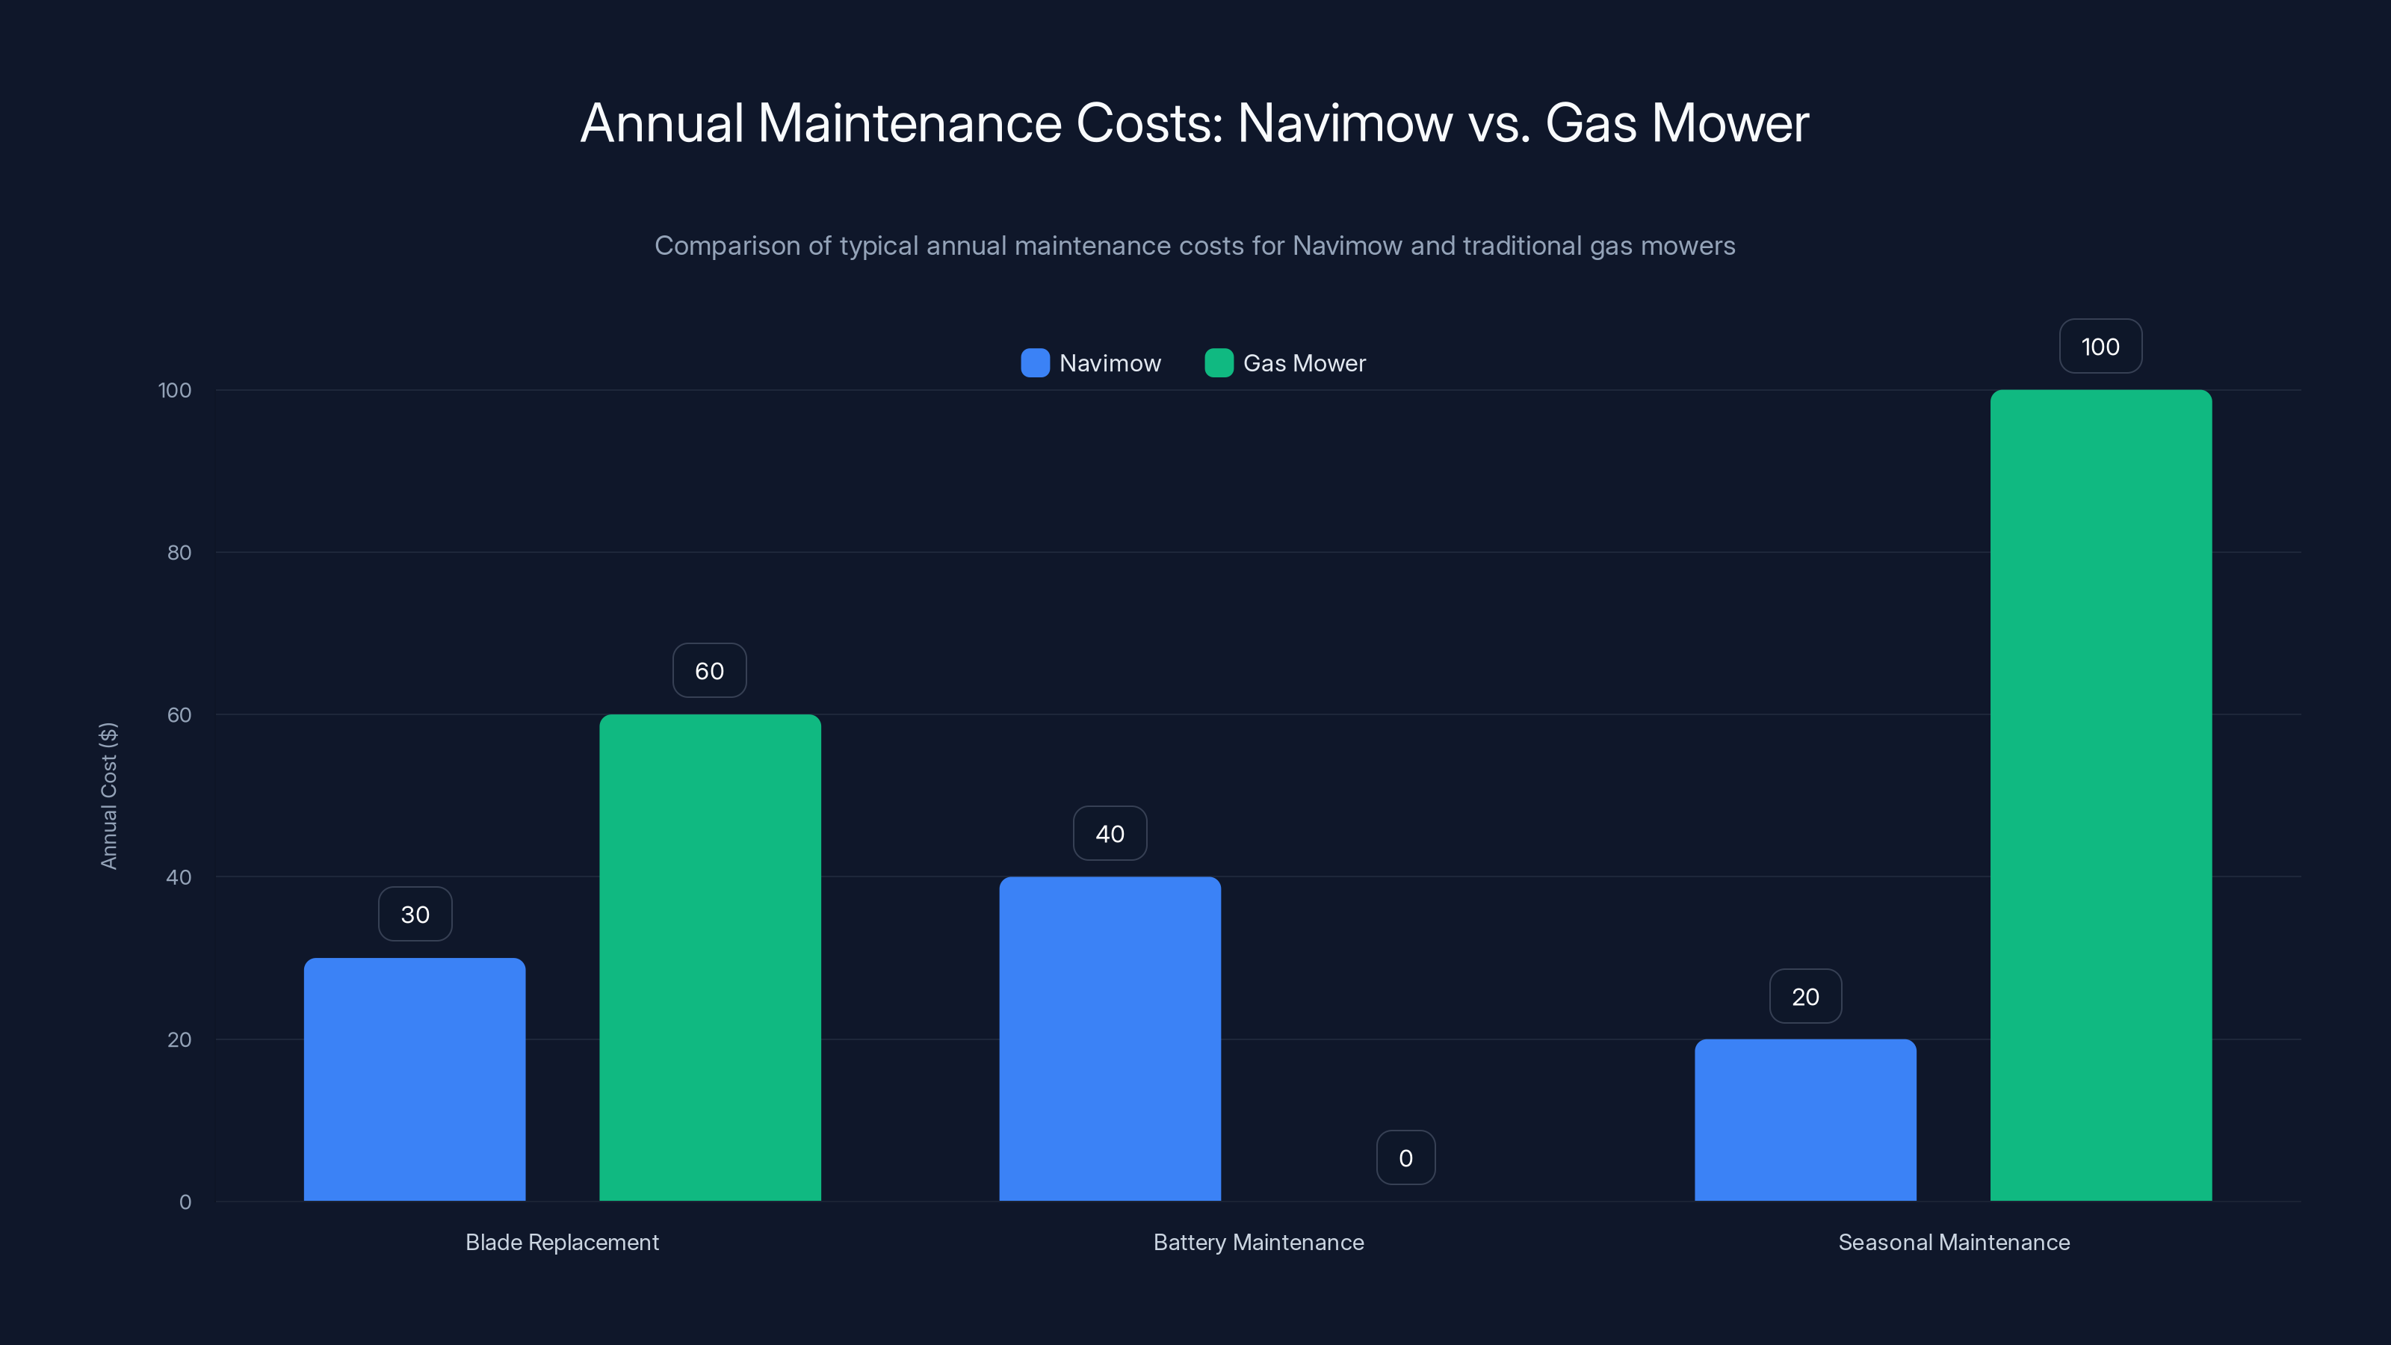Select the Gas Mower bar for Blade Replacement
710,957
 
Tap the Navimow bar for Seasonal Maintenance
1804,1119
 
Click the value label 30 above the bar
415,915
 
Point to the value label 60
709,670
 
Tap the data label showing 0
1405,1157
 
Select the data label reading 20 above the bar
1804,996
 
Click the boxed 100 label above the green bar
2100,346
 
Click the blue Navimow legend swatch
1035,363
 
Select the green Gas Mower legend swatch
1218,363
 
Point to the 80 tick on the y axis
179,552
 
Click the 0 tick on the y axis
185,1202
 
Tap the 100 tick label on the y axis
175,390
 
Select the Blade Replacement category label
562,1242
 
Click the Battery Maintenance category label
1258,1242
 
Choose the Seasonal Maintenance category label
1953,1242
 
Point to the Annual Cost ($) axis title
108,796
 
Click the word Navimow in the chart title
1344,123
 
